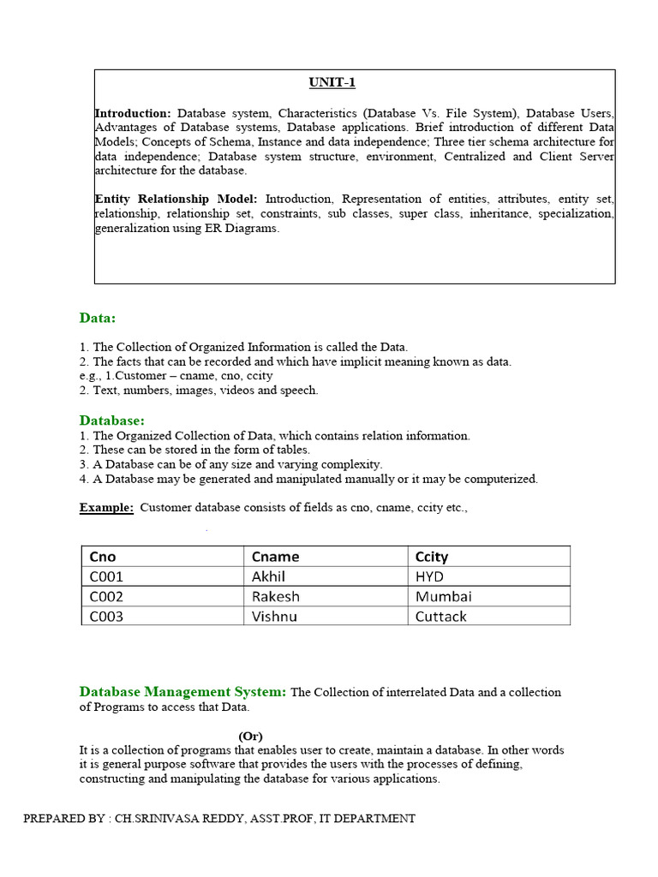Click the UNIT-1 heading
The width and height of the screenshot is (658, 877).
(x=332, y=82)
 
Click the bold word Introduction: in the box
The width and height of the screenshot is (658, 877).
(x=133, y=113)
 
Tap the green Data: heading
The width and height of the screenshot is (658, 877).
(x=98, y=318)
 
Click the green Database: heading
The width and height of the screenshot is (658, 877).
(x=112, y=420)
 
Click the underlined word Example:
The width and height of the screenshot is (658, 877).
(x=106, y=507)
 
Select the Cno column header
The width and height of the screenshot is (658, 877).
(x=103, y=557)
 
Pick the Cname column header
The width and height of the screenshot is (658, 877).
(x=275, y=557)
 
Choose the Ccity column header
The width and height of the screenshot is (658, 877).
(x=432, y=557)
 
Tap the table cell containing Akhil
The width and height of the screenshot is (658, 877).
(x=268, y=576)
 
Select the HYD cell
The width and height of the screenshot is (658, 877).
(x=430, y=576)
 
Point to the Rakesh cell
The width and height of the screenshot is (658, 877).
(x=275, y=596)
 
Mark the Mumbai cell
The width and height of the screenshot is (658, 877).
(x=443, y=596)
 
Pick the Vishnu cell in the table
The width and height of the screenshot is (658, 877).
(x=274, y=616)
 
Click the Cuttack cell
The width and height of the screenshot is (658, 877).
(x=441, y=616)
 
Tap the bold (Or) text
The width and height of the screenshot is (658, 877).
(x=250, y=736)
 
